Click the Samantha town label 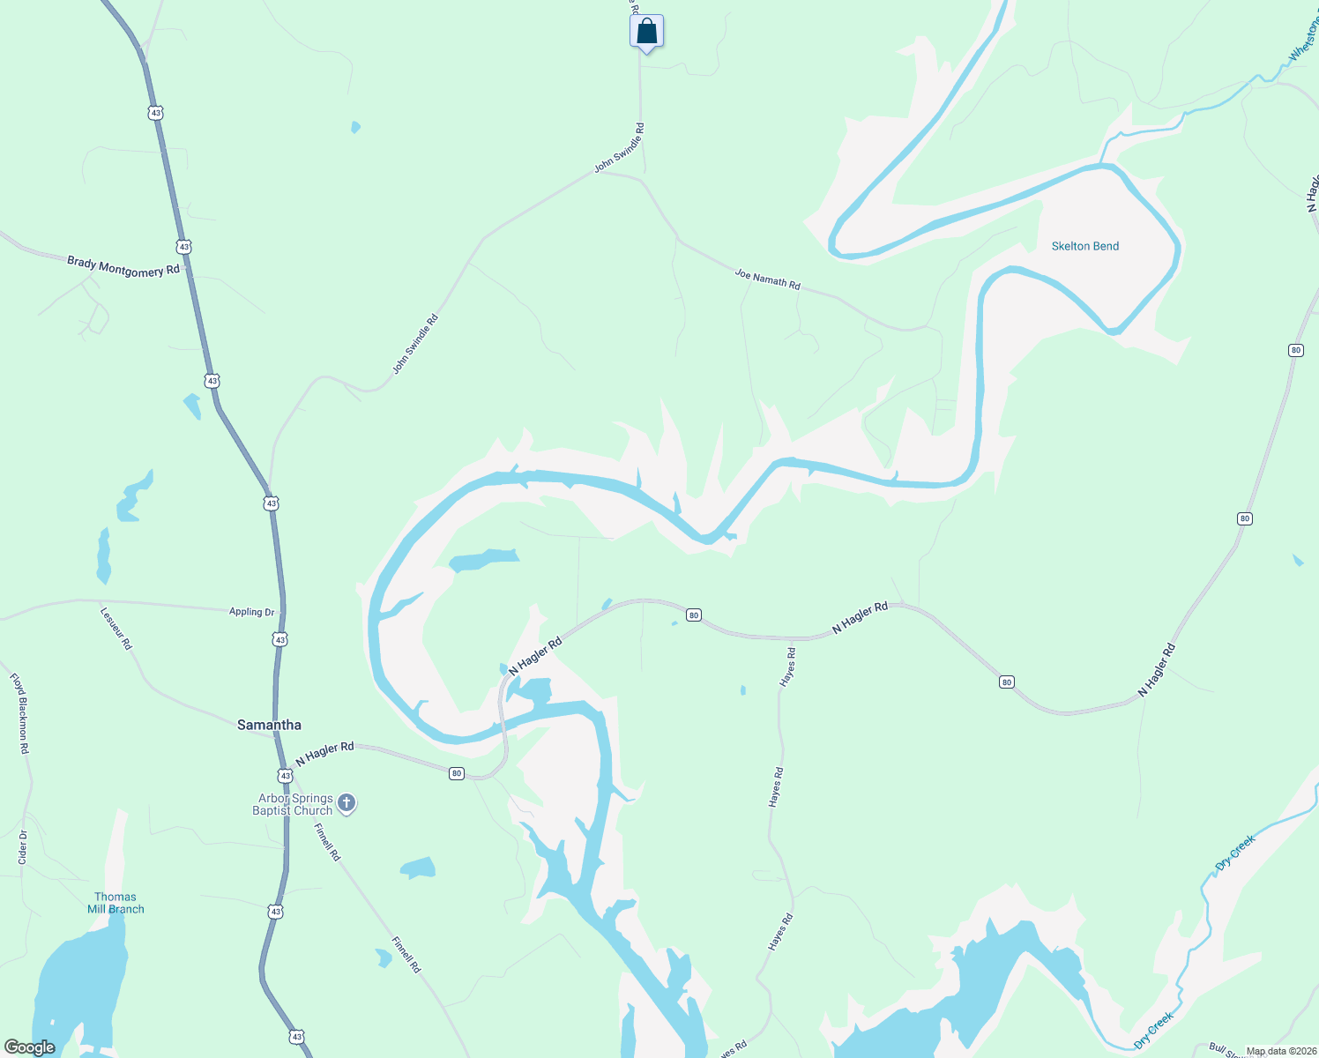click(x=269, y=725)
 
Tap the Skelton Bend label click(x=1084, y=246)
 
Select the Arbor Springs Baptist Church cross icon click(x=347, y=803)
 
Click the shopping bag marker click(x=646, y=32)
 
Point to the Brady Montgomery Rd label click(x=123, y=266)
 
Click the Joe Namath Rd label click(x=767, y=279)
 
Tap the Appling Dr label click(x=251, y=612)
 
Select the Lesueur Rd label click(x=116, y=628)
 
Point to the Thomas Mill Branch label click(x=116, y=903)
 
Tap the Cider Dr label click(x=23, y=846)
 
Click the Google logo click(x=29, y=1047)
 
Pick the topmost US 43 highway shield click(x=156, y=113)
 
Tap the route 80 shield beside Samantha click(x=456, y=773)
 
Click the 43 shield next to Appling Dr click(x=279, y=638)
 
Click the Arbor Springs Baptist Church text click(x=295, y=804)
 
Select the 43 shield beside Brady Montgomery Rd click(x=183, y=247)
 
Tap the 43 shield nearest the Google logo click(x=297, y=1037)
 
